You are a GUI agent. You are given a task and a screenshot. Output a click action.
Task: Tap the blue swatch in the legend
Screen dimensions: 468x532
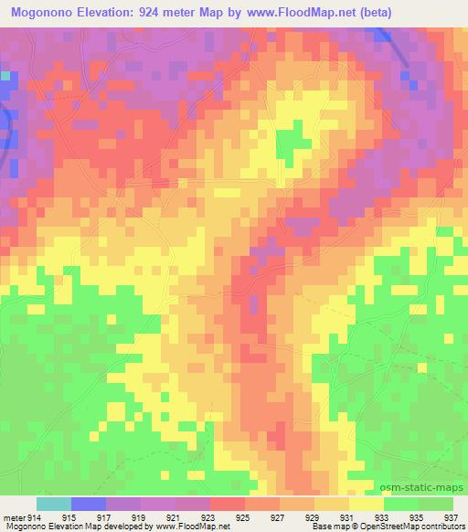(x=89, y=504)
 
